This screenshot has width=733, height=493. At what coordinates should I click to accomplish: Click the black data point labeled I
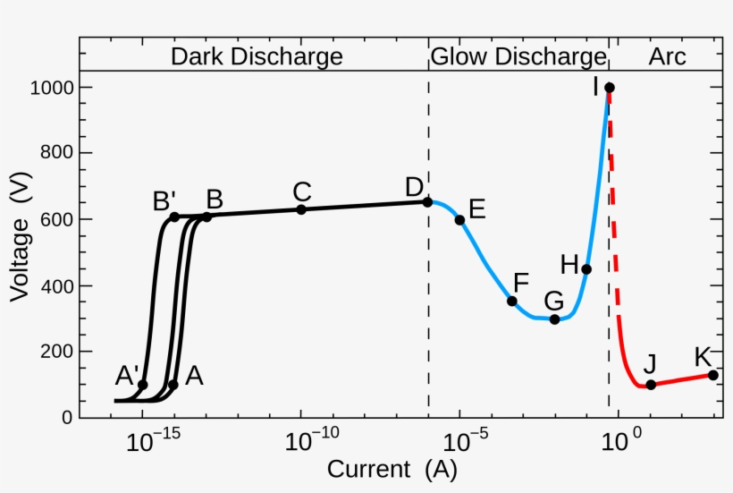610,88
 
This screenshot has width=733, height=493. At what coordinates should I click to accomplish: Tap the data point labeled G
554,319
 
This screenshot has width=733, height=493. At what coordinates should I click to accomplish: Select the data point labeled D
427,202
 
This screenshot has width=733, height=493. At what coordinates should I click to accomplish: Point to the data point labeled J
651,385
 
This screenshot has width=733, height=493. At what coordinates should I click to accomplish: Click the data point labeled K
713,375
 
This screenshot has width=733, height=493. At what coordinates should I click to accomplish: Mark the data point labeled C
301,209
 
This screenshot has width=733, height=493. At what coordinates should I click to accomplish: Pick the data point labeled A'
142,385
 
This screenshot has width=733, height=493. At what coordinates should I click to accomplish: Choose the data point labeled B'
174,217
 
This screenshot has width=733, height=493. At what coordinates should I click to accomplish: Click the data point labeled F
512,301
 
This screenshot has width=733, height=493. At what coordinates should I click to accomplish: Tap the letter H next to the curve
569,265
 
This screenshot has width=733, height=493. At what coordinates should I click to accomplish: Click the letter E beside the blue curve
476,209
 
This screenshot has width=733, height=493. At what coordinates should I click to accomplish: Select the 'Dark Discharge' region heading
257,56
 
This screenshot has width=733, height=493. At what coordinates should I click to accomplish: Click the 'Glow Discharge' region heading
518,56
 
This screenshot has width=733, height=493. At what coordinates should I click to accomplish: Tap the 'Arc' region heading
667,56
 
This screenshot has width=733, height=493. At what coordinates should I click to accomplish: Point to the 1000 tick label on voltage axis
52,88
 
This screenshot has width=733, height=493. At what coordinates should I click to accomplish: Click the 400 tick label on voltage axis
56,286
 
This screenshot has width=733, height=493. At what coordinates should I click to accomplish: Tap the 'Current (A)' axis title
392,470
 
